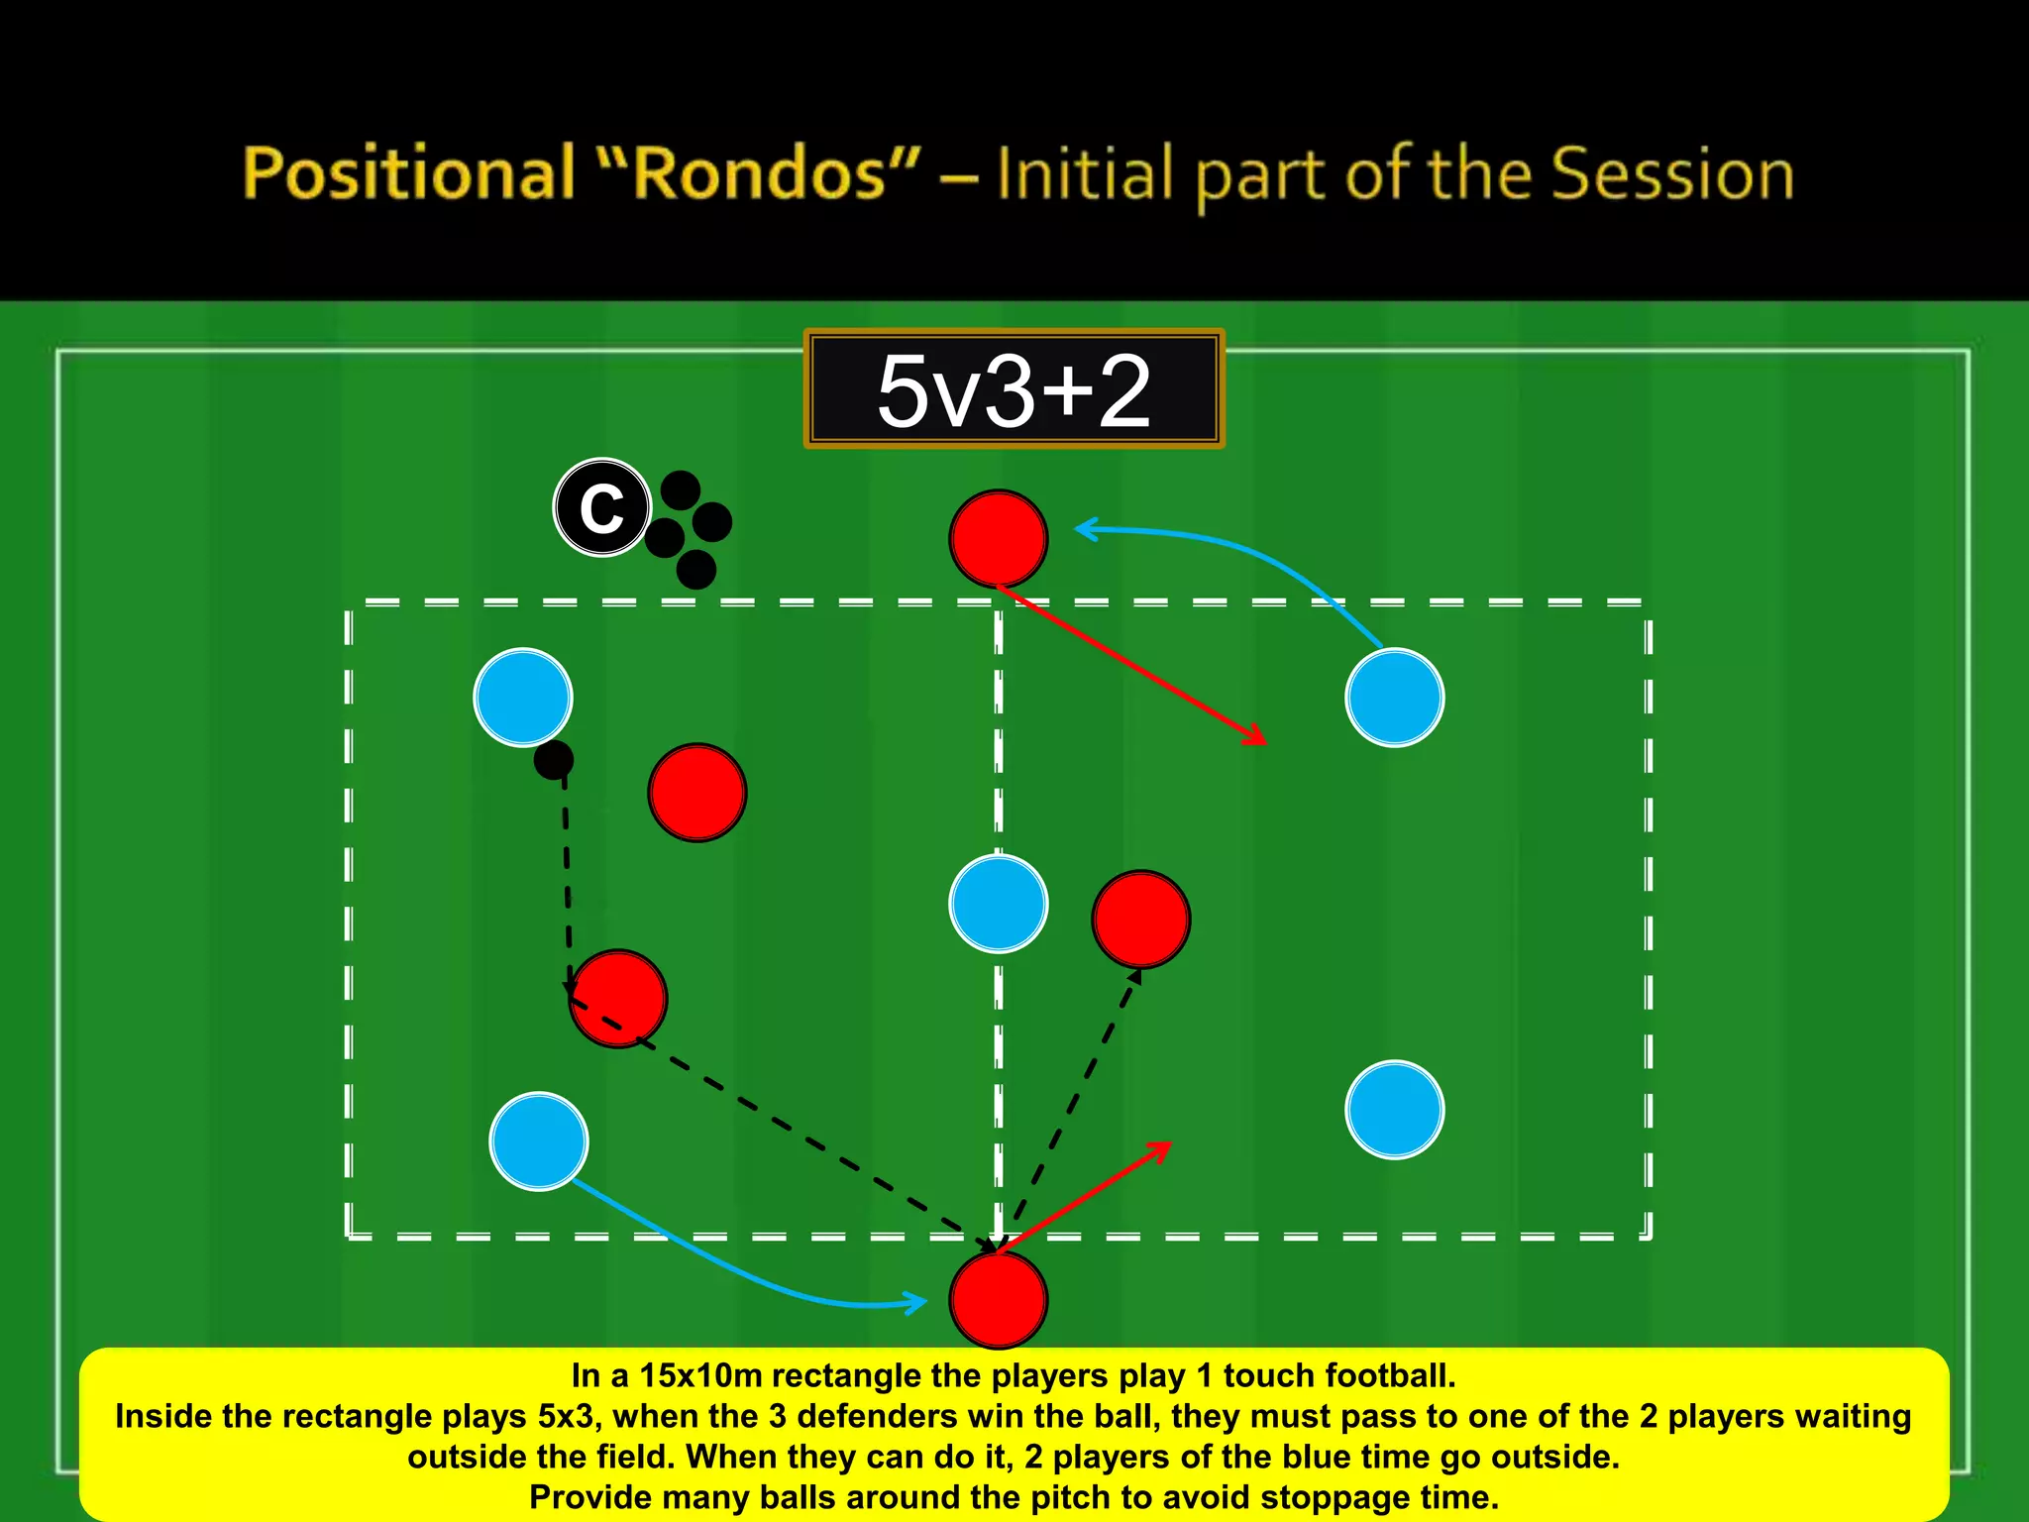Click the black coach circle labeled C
[x=601, y=507]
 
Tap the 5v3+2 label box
[x=1014, y=389]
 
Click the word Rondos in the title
[x=759, y=173]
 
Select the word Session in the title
[x=1672, y=173]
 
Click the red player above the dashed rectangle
[x=998, y=538]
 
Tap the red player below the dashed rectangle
[x=998, y=1299]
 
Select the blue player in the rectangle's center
[x=998, y=903]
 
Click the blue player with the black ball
[x=522, y=697]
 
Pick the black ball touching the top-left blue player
[x=553, y=760]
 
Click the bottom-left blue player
[x=538, y=1141]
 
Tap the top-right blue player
[x=1394, y=697]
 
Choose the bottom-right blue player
[x=1394, y=1109]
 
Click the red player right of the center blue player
[x=1140, y=919]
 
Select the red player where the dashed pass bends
[x=617, y=998]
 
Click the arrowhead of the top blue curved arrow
[x=1083, y=529]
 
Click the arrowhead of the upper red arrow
[x=1259, y=738]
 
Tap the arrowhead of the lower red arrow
[x=1164, y=1147]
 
